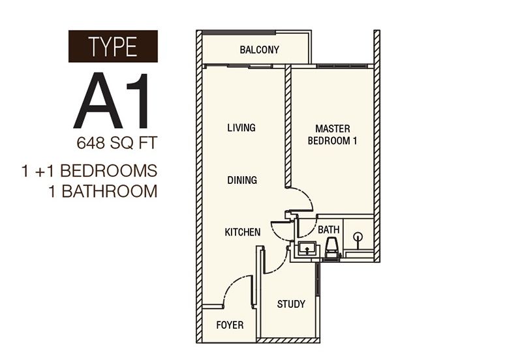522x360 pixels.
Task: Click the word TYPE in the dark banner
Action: click(x=113, y=47)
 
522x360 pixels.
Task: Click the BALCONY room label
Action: click(x=259, y=50)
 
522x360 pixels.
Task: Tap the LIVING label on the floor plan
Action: click(x=241, y=127)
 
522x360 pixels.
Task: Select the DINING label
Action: click(x=242, y=180)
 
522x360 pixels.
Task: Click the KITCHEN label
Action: click(x=243, y=232)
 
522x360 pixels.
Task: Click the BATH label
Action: click(x=328, y=230)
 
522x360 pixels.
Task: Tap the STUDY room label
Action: click(x=291, y=304)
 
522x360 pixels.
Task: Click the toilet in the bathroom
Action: click(x=331, y=248)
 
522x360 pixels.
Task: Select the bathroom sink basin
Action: click(x=306, y=249)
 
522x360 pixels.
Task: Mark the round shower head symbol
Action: click(x=358, y=237)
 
